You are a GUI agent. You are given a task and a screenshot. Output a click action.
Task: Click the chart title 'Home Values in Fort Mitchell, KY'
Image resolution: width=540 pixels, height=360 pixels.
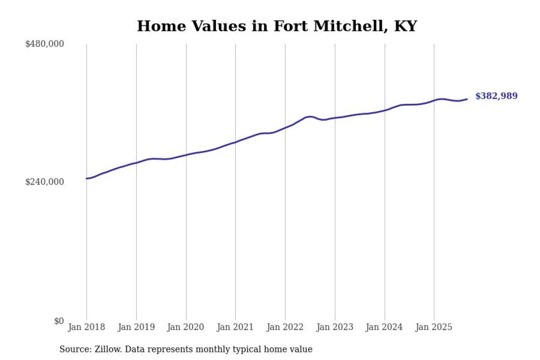pyautogui.click(x=277, y=26)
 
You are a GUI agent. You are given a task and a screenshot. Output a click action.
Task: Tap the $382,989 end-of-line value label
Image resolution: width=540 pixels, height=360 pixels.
pyautogui.click(x=496, y=96)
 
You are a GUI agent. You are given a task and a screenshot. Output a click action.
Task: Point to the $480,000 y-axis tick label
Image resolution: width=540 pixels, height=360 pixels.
pyautogui.click(x=44, y=44)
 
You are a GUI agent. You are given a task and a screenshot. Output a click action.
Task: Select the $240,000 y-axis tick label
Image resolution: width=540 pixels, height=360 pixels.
pyautogui.click(x=44, y=182)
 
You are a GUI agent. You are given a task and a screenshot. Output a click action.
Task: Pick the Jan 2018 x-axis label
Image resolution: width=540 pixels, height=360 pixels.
pyautogui.click(x=86, y=328)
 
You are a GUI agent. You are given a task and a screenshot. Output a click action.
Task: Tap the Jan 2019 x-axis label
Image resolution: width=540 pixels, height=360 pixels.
pyautogui.click(x=136, y=328)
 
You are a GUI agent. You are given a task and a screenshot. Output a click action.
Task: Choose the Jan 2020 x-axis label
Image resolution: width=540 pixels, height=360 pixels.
pyautogui.click(x=186, y=328)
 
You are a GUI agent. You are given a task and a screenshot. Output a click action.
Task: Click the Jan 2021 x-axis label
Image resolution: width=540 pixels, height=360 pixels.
pyautogui.click(x=235, y=328)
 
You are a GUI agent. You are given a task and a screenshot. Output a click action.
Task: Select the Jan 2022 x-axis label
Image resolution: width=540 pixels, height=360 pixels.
pyautogui.click(x=285, y=328)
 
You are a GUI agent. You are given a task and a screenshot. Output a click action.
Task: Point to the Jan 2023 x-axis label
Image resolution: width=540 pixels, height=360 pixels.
pyautogui.click(x=335, y=328)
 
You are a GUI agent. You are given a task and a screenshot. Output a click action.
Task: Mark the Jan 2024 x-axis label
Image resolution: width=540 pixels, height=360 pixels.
pyautogui.click(x=385, y=328)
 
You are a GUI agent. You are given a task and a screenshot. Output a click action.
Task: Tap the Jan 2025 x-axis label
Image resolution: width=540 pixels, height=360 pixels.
pyautogui.click(x=434, y=328)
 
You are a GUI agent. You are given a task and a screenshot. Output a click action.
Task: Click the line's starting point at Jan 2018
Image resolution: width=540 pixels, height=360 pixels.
pyautogui.click(x=87, y=179)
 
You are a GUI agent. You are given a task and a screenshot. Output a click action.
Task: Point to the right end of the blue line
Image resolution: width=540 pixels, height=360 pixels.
pyautogui.click(x=467, y=99)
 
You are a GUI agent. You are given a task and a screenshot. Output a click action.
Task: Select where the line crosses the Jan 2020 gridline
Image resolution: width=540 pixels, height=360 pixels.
pyautogui.click(x=186, y=155)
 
